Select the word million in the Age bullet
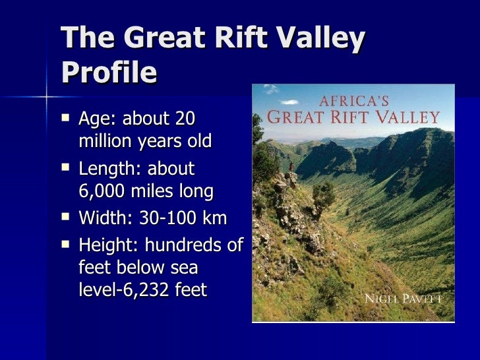click(105, 142)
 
